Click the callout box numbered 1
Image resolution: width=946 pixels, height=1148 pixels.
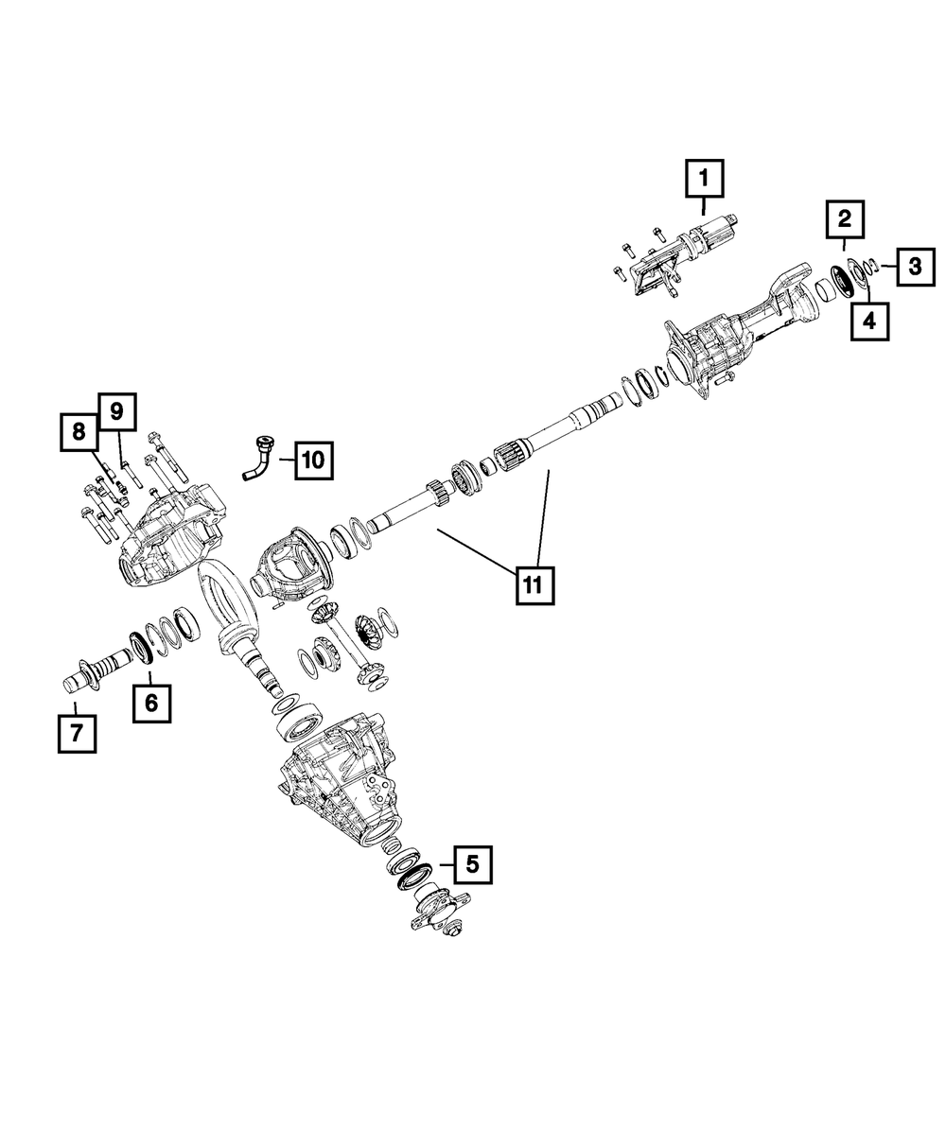(704, 179)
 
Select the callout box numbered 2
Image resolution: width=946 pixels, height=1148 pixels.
(844, 220)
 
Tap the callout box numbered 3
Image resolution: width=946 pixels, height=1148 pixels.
(914, 267)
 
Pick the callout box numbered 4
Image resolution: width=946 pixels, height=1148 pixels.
(869, 322)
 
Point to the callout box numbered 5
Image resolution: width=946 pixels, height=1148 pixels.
(473, 863)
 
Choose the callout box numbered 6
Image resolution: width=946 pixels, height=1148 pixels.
(152, 703)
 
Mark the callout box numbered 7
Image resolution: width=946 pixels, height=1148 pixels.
(77, 733)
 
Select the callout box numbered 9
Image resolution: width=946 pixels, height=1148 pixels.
(116, 411)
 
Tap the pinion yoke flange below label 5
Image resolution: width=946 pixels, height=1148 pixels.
(437, 909)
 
